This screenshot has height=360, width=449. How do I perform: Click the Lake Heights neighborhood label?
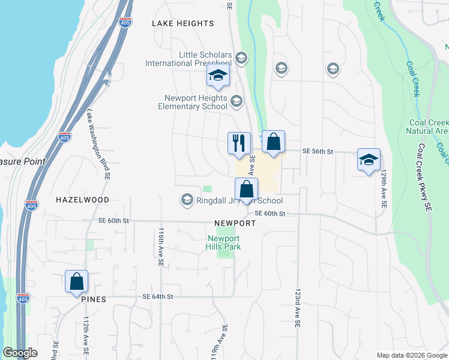[x=182, y=23]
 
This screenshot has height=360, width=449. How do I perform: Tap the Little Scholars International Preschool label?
[x=188, y=59]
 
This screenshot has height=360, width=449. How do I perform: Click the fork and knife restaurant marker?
[x=239, y=143]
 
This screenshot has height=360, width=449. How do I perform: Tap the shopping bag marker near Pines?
[x=77, y=281]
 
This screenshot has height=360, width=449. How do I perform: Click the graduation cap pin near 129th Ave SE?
[x=369, y=160]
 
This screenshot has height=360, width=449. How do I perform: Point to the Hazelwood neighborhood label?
[x=83, y=199]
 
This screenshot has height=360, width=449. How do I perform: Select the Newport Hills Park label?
[x=223, y=242]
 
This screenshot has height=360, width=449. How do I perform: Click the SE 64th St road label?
[x=158, y=296]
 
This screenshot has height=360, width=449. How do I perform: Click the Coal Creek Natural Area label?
[x=427, y=126]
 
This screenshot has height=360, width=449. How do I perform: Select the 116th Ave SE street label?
[x=161, y=246]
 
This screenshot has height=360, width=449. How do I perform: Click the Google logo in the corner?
[x=20, y=353]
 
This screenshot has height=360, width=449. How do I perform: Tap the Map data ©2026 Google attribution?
[x=411, y=355]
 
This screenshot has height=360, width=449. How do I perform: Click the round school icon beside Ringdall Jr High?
[x=187, y=200]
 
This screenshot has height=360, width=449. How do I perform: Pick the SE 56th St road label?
[x=318, y=152]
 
